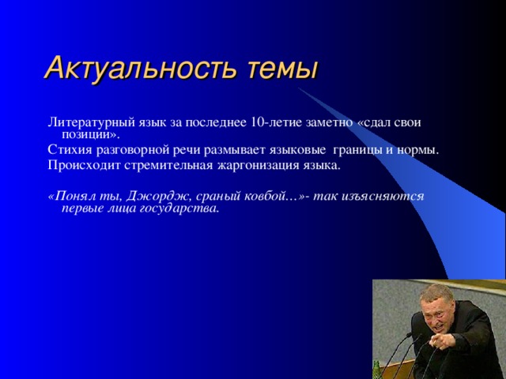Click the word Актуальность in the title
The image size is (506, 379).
142,69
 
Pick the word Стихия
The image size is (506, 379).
70,150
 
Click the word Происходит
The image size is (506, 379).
85,166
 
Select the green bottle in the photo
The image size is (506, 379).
376,370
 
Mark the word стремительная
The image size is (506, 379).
168,166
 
